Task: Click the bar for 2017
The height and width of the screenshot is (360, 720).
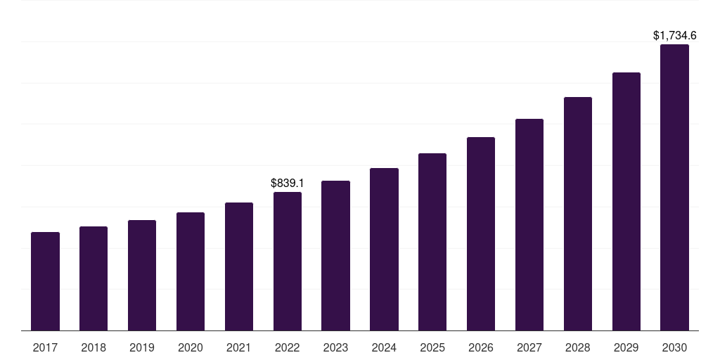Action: click(45, 281)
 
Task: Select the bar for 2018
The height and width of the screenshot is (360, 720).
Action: click(94, 278)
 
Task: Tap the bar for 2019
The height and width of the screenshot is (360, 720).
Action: click(142, 275)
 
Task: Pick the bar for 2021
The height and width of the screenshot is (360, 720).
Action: click(239, 266)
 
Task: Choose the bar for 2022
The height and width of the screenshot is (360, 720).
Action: click(288, 261)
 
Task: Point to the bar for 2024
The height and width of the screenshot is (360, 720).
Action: click(384, 249)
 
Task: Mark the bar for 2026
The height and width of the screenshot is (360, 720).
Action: click(481, 233)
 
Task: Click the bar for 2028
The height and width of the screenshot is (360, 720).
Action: click(578, 214)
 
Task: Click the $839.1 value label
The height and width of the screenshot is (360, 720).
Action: click(288, 183)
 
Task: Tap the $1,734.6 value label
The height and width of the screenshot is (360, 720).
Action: click(674, 35)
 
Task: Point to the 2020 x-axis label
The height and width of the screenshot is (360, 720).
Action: click(191, 347)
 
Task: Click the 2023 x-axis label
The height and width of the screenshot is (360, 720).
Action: click(335, 347)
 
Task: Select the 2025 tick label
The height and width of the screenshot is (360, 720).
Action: click(432, 347)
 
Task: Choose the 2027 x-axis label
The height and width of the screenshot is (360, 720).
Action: click(529, 347)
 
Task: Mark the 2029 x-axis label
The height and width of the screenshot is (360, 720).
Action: click(626, 347)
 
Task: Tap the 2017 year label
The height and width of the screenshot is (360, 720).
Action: click(45, 347)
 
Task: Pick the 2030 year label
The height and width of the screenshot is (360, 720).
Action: click(674, 347)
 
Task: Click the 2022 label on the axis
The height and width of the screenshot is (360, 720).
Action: click(288, 347)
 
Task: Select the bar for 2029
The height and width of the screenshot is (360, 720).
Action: click(626, 201)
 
